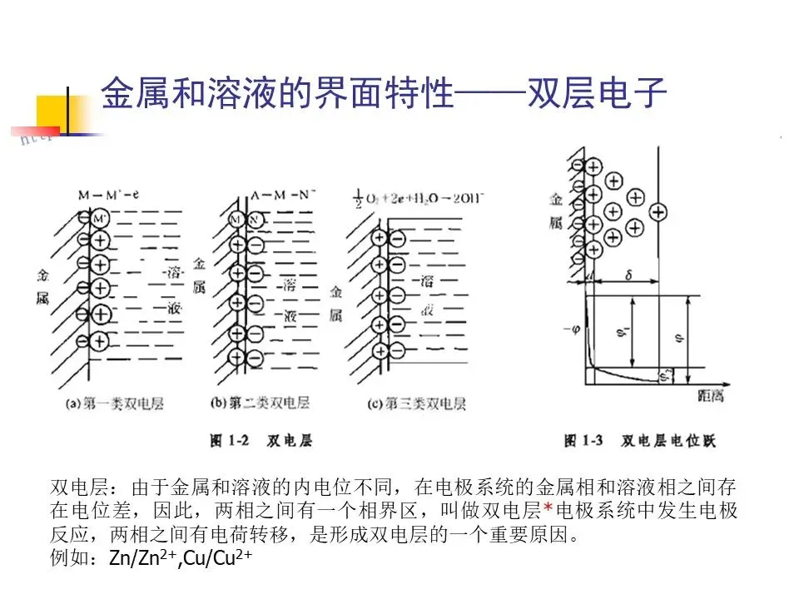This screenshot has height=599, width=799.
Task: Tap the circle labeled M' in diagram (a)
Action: point(99,219)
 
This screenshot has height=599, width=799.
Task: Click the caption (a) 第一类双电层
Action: point(114,403)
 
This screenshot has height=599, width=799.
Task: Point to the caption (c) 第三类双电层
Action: point(417,403)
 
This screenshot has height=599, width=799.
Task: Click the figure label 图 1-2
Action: point(230,440)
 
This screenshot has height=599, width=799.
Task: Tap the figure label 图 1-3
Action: point(583,440)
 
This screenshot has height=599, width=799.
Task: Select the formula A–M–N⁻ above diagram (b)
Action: point(283,196)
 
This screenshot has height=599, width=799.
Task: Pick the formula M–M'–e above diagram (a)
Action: point(108,196)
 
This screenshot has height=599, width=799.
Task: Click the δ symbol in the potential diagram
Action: point(628,273)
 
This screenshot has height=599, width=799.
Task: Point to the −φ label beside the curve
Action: point(570,326)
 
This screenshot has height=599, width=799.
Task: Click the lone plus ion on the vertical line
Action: point(658,212)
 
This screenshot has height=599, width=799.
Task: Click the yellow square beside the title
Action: point(52,111)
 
